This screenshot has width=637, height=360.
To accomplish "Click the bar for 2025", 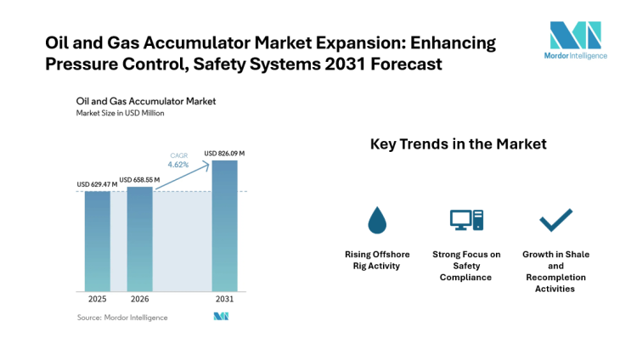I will click(97, 241).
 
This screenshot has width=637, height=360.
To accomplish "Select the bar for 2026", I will click(139, 239).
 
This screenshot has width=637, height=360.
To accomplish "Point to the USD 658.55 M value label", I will click(140, 180).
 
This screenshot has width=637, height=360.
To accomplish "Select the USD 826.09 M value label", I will click(224, 154).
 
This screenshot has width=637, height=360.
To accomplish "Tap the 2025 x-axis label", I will click(97, 300).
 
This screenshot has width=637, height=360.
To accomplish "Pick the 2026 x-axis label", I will click(139, 300).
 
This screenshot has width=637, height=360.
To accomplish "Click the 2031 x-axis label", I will click(224, 300).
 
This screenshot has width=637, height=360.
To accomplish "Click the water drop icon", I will click(376, 221).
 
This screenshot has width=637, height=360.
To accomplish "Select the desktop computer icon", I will click(465, 221).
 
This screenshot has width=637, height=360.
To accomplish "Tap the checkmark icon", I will click(555, 221).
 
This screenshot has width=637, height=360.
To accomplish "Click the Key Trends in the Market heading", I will click(458, 144).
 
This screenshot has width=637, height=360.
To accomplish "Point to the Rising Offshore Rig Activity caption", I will click(376, 260).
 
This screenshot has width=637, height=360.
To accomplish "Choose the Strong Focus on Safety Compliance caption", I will click(465, 266).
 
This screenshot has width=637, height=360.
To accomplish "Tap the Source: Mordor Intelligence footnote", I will click(122, 318).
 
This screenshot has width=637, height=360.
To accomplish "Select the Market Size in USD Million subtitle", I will click(120, 113).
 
